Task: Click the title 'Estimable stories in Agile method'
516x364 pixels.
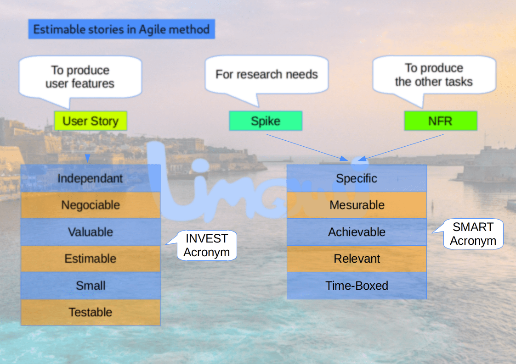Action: click(x=121, y=30)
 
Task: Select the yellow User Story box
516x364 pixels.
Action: click(x=90, y=121)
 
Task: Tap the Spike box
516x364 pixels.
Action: click(x=266, y=121)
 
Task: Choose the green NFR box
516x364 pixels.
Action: click(x=440, y=121)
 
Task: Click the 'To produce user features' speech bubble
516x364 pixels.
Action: click(x=80, y=77)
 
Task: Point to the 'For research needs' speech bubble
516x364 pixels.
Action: click(x=267, y=74)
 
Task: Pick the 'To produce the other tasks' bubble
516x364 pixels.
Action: click(x=434, y=75)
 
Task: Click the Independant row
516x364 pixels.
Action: click(x=91, y=178)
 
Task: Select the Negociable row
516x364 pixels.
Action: click(x=91, y=205)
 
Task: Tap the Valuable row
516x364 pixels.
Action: click(x=91, y=232)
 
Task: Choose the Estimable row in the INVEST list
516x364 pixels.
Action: click(x=91, y=259)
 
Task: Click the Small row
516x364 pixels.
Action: click(x=91, y=286)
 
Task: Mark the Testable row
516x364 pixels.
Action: click(x=91, y=312)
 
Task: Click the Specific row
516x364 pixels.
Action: click(x=357, y=178)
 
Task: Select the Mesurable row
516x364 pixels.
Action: click(x=357, y=205)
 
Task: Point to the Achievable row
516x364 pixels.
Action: click(x=357, y=232)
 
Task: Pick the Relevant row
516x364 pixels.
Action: click(x=357, y=259)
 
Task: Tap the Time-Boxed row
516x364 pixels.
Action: click(x=357, y=286)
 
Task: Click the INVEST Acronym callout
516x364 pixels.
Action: click(x=207, y=245)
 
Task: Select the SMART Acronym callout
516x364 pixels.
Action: click(x=473, y=234)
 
